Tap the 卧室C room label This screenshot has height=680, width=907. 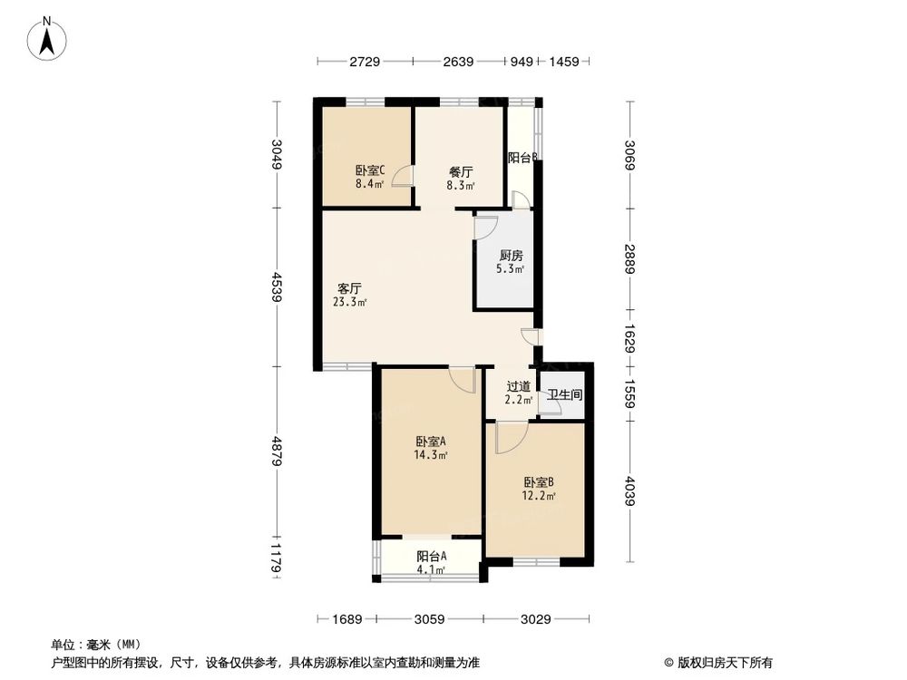coord(369,170)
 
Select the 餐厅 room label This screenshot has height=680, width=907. coord(460,170)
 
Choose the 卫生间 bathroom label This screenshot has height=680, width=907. coord(564,396)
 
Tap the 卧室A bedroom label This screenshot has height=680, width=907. coord(431,442)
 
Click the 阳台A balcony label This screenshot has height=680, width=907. coord(431,556)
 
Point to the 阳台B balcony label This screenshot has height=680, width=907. coord(523,158)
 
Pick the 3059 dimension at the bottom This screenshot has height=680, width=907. coord(429,619)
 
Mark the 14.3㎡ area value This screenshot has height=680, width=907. coord(431,455)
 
